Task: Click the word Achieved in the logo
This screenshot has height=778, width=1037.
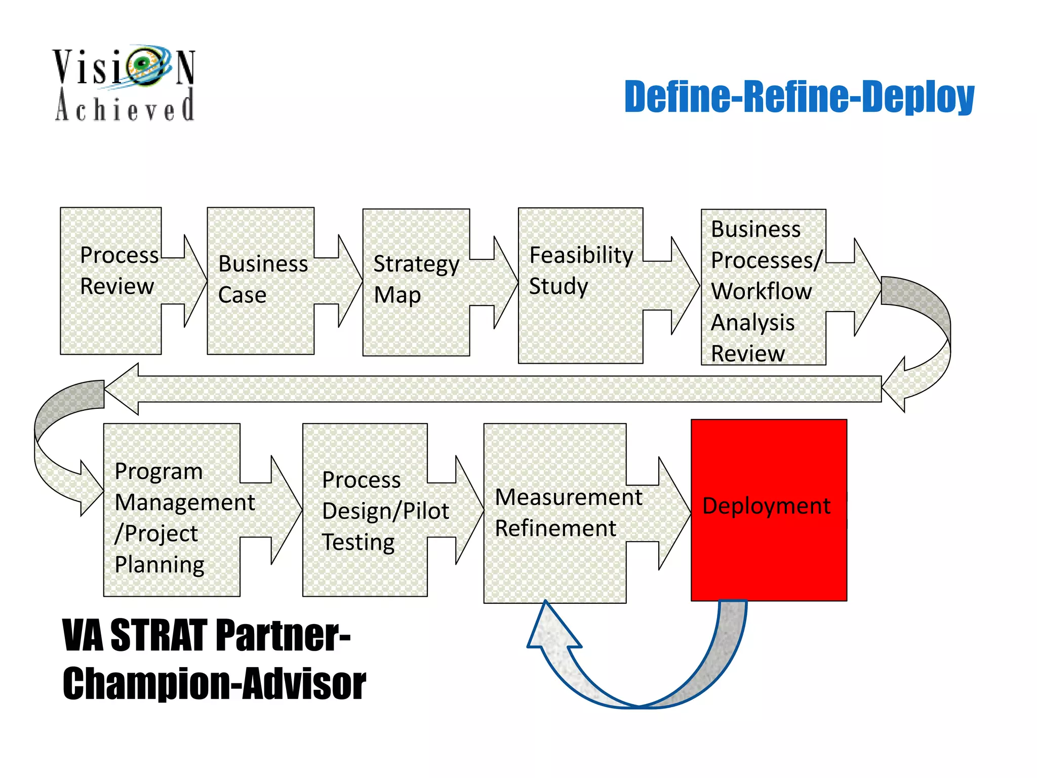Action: click(x=125, y=106)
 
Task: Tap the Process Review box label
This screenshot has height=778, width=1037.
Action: click(x=119, y=270)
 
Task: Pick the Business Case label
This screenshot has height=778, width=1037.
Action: click(x=262, y=279)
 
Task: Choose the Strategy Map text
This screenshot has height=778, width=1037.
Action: click(x=416, y=279)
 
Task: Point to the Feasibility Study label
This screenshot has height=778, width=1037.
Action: click(x=580, y=270)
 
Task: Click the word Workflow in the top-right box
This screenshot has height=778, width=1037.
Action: click(x=761, y=292)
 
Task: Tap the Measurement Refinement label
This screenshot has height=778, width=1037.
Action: click(x=568, y=513)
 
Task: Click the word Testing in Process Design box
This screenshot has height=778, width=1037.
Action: click(x=358, y=542)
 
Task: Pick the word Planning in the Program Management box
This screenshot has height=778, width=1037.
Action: click(x=159, y=565)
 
